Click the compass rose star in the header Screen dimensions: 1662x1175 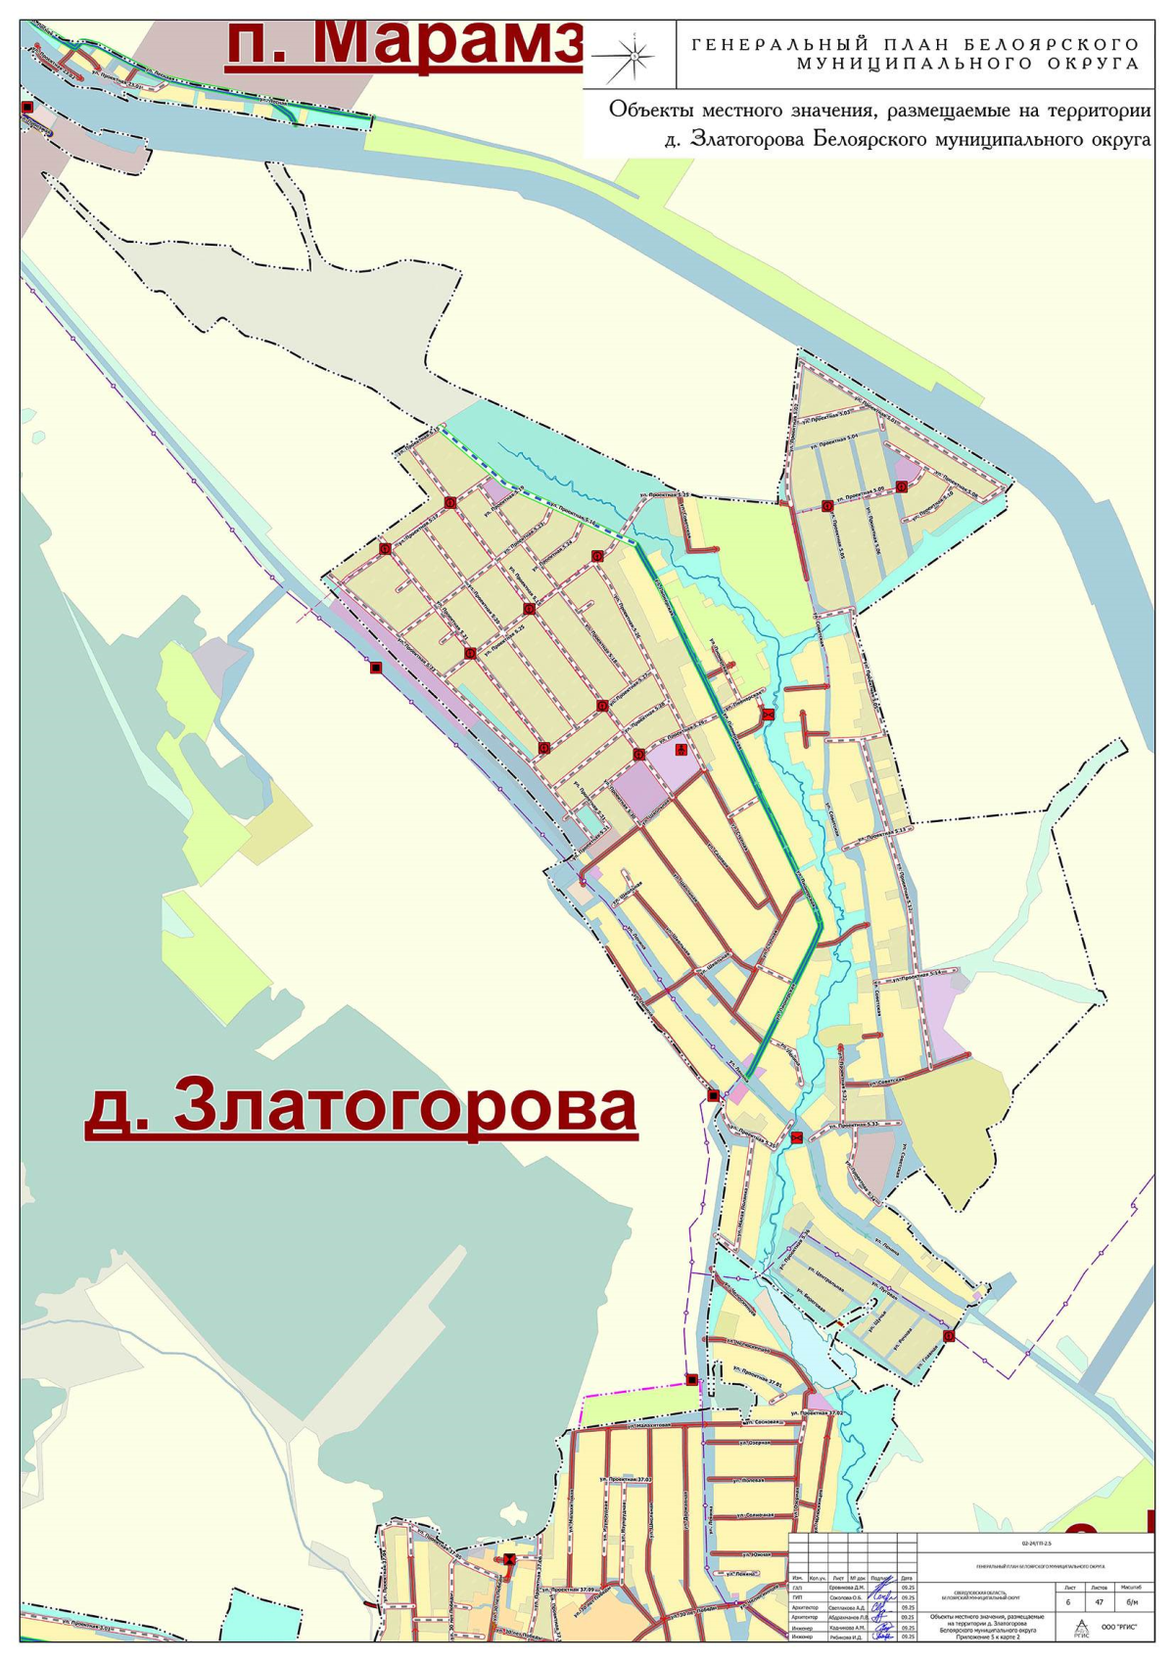(634, 56)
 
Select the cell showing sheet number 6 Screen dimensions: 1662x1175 (1068, 1602)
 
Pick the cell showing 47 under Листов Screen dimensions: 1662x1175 (1099, 1602)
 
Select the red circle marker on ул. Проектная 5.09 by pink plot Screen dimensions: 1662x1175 (902, 486)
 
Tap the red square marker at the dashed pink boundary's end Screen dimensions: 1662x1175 (692, 1379)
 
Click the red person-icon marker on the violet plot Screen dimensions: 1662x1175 (681, 749)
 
